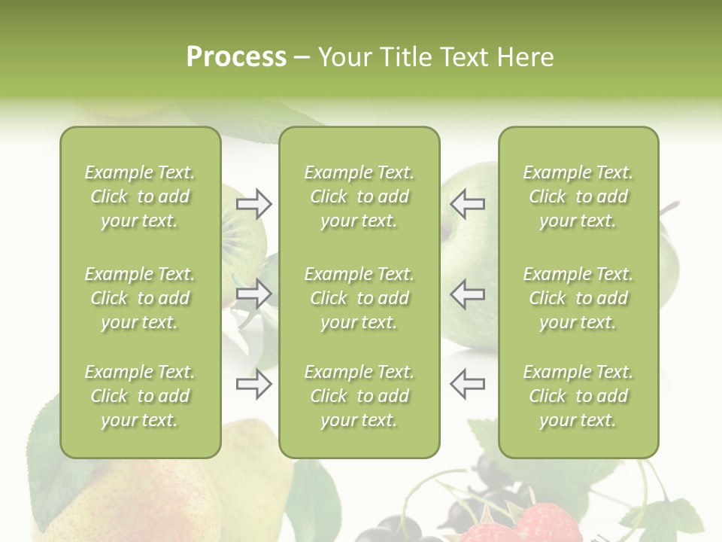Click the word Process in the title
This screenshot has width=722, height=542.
click(236, 57)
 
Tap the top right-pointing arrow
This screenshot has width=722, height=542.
click(254, 204)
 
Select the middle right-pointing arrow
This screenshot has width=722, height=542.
click(254, 294)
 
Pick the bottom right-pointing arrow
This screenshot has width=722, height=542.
click(254, 384)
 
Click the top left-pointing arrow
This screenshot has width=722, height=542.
click(467, 204)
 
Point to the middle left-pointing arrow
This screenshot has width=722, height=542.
click(467, 294)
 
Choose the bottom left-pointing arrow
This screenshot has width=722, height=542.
click(467, 384)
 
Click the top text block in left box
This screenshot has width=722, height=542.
click(140, 196)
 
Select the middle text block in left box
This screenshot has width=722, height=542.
click(140, 298)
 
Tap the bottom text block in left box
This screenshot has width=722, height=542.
click(140, 396)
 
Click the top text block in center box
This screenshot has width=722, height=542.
click(359, 196)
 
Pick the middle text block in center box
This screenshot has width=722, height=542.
click(359, 298)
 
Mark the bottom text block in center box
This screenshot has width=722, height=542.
click(359, 396)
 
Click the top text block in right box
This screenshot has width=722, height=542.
click(578, 196)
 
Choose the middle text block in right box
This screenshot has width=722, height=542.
click(578, 298)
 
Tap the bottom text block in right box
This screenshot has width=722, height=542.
click(578, 396)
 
